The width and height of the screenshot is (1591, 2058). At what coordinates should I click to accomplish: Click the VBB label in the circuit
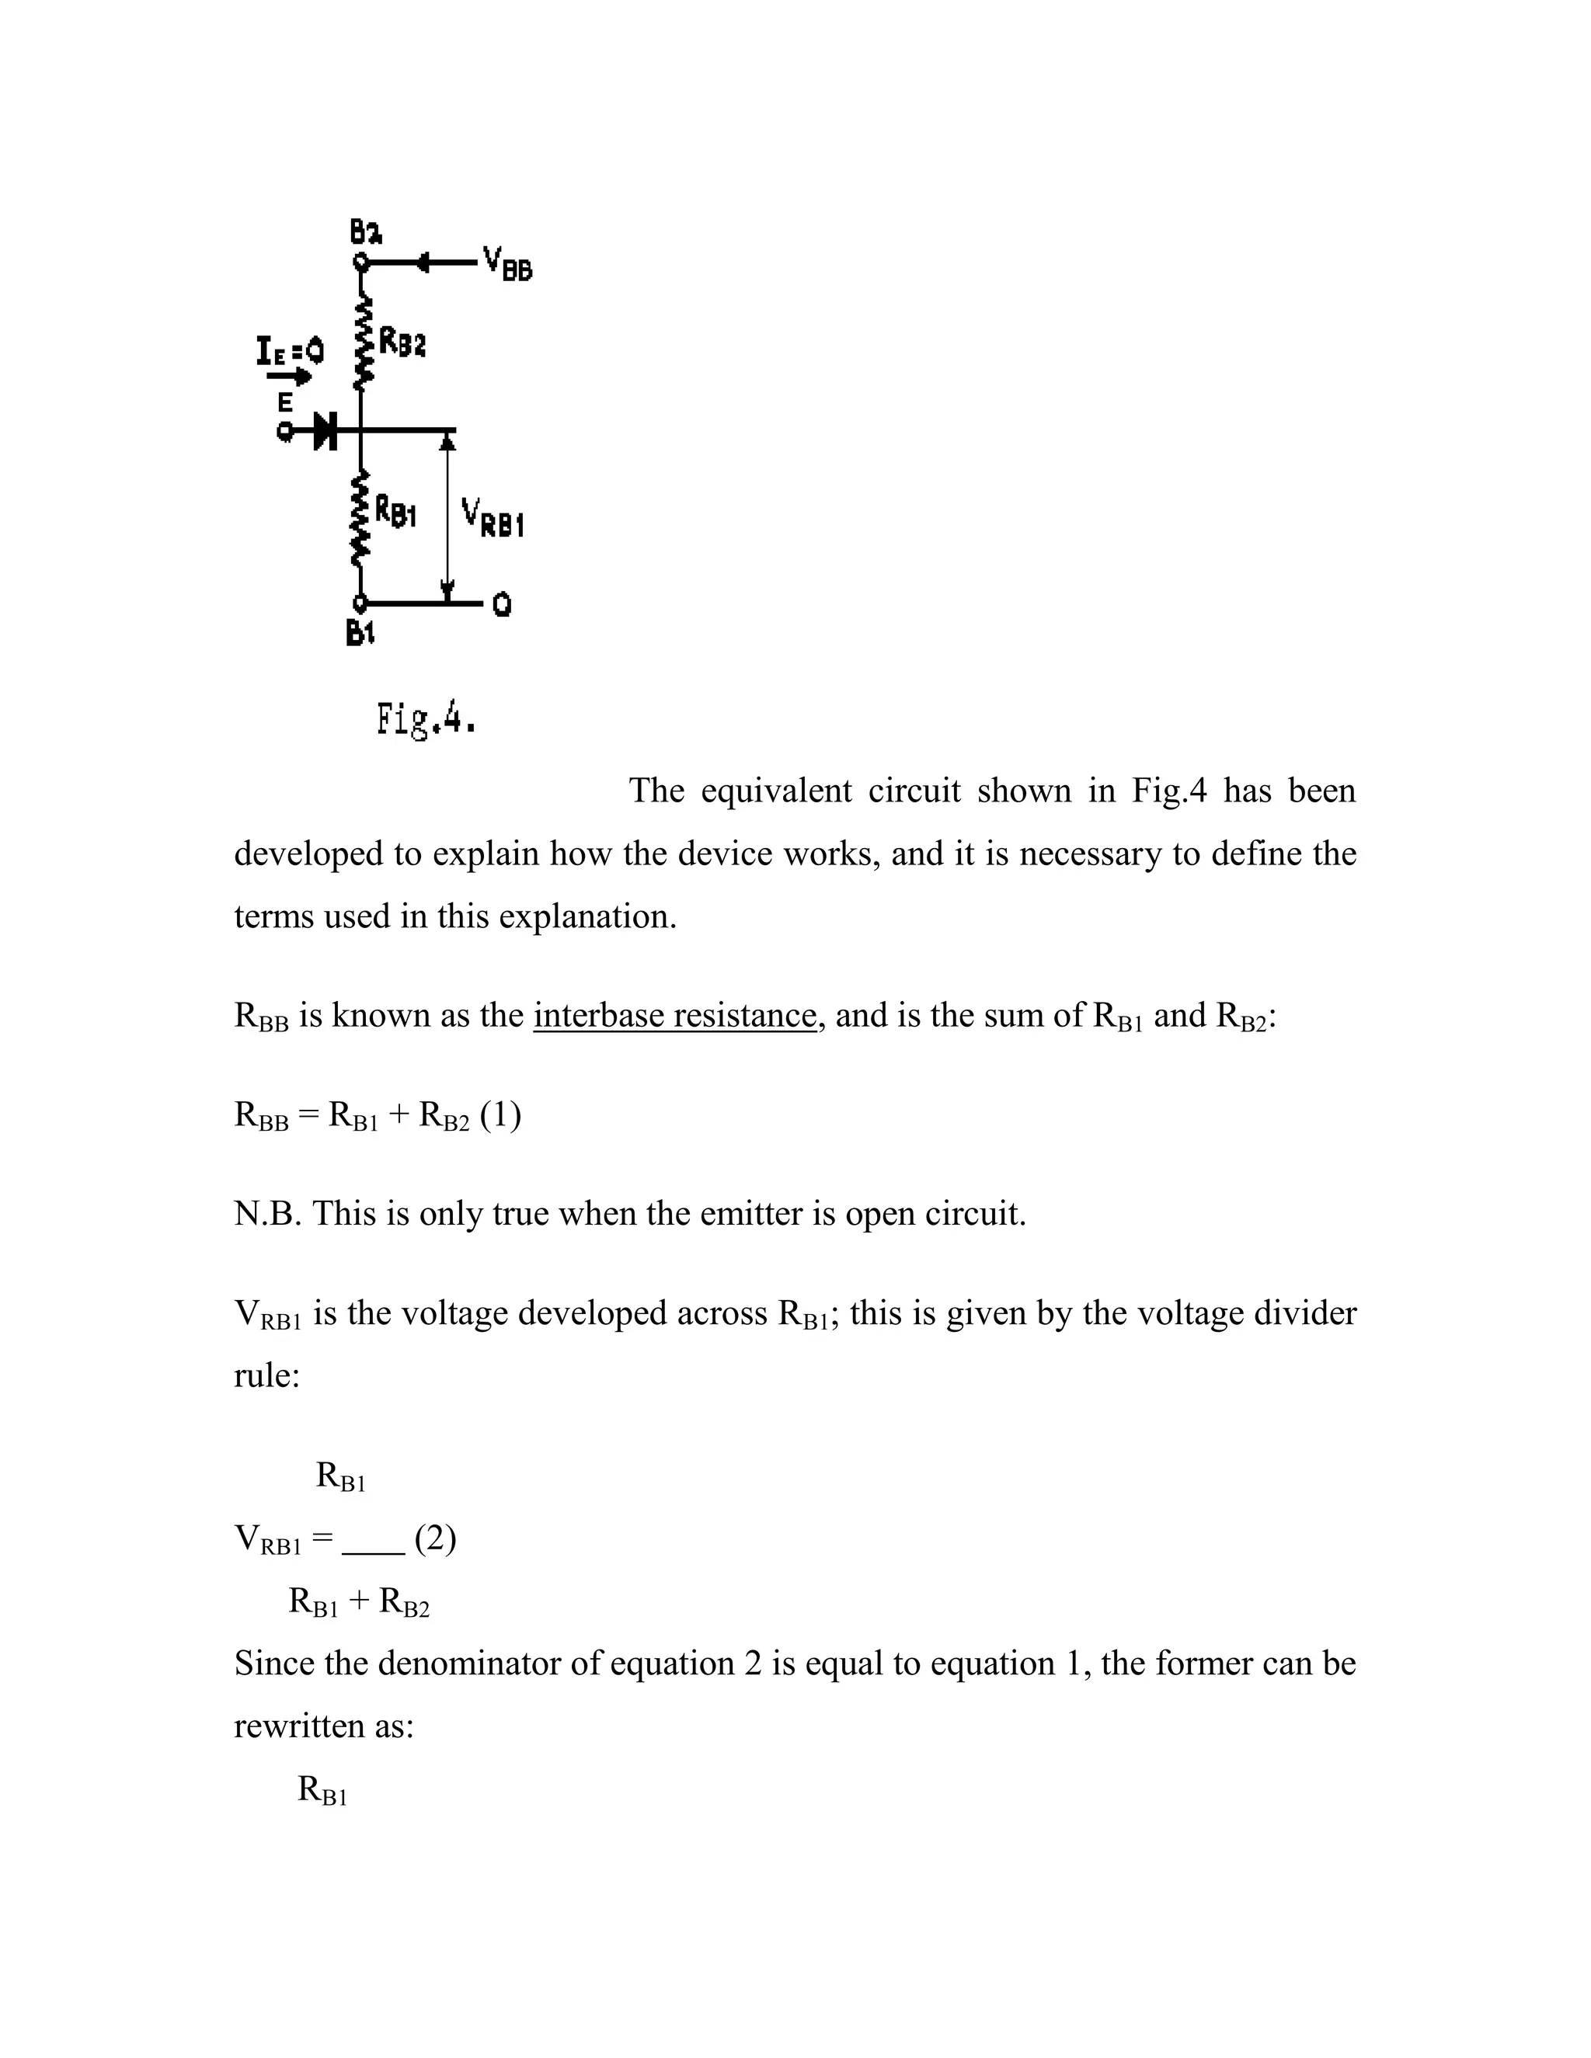pyautogui.click(x=507, y=263)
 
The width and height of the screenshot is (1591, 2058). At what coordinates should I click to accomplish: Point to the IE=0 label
pyautogui.click(x=289, y=352)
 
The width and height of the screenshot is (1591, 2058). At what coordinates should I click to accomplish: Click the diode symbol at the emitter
pyautogui.click(x=326, y=432)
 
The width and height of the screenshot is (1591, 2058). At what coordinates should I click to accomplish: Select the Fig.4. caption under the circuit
pyautogui.click(x=426, y=721)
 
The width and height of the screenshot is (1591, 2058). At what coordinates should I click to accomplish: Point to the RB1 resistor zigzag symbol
pyautogui.click(x=358, y=520)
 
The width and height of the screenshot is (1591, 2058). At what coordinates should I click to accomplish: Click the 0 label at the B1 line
pyautogui.click(x=503, y=604)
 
